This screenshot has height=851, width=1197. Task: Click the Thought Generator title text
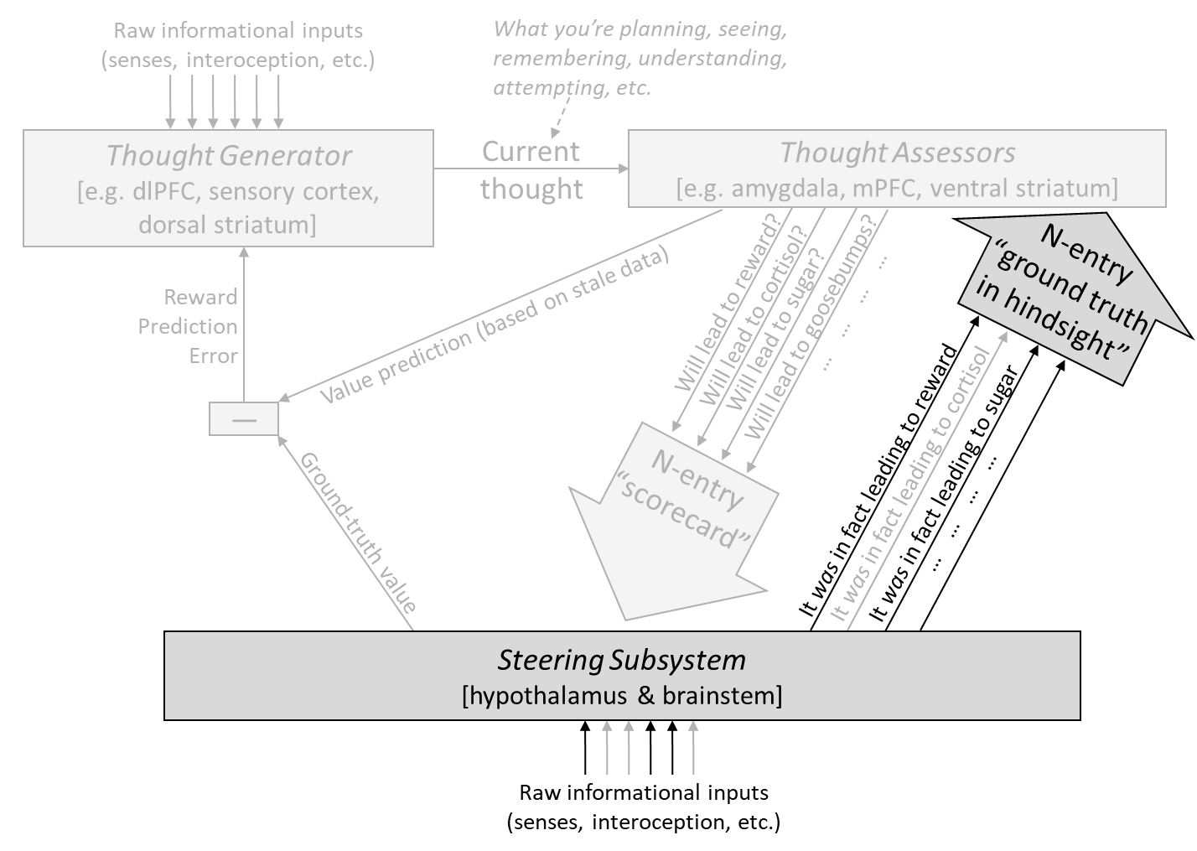(x=229, y=156)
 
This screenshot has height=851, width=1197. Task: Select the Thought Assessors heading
(x=898, y=153)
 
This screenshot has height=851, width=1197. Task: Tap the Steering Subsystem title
(x=621, y=660)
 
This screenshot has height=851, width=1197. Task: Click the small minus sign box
(x=244, y=419)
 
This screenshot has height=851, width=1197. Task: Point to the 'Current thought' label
(x=531, y=170)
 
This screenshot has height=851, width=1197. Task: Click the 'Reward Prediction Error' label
(x=188, y=326)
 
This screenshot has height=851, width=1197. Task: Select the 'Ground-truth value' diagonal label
(x=357, y=532)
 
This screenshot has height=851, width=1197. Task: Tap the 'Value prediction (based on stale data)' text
(x=495, y=324)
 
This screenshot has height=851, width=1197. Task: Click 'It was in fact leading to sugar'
(x=944, y=493)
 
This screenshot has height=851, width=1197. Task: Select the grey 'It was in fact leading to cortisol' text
(x=910, y=484)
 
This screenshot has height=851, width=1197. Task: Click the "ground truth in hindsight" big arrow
(x=1069, y=299)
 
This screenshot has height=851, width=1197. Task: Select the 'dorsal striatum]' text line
(x=228, y=225)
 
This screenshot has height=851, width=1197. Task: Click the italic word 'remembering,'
(x=560, y=58)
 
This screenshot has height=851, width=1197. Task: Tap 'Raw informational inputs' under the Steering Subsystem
(x=644, y=793)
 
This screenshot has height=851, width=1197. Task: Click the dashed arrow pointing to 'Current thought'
(x=561, y=117)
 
